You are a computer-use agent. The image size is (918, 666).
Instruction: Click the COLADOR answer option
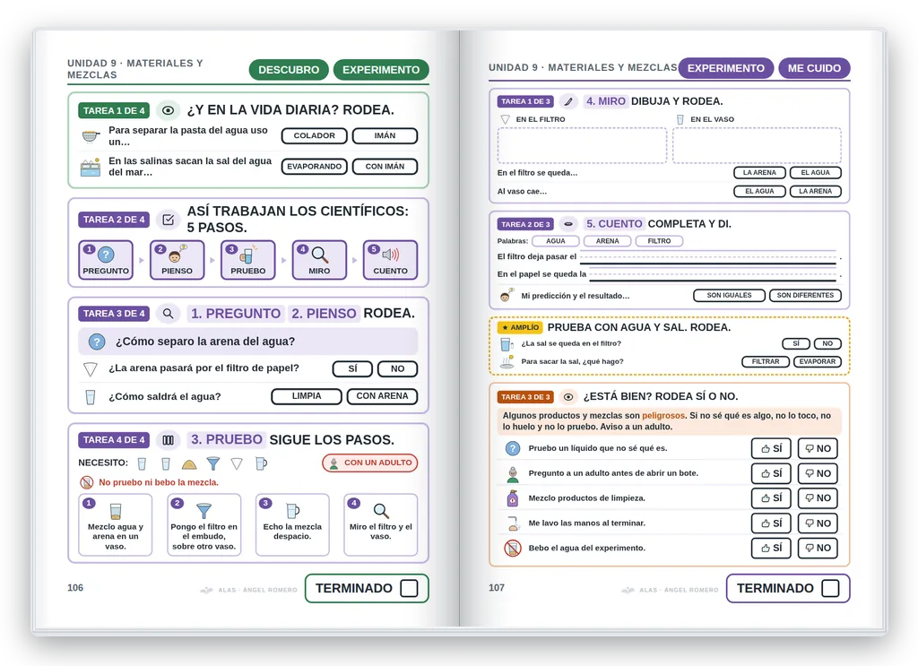tap(315, 135)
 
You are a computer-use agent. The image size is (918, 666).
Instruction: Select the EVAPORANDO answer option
tap(315, 167)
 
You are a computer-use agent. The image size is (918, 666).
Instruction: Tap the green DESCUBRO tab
tap(289, 70)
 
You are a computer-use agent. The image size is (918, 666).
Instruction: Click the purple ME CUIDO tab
tap(814, 68)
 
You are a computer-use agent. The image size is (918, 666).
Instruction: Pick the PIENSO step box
tap(177, 260)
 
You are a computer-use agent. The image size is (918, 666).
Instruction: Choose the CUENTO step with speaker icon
tap(390, 260)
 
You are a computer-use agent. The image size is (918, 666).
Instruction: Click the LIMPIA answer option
tap(307, 396)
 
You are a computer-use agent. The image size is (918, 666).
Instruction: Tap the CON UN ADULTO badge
tap(369, 463)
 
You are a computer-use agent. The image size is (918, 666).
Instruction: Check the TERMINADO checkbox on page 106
tap(409, 588)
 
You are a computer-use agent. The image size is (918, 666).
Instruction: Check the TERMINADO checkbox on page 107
tap(830, 588)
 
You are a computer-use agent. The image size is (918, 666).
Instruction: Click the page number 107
tap(497, 588)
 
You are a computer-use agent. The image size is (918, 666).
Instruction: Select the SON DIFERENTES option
tap(805, 296)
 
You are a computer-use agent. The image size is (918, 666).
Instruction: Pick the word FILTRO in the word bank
tap(659, 241)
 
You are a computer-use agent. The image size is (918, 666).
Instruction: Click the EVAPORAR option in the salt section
tap(818, 361)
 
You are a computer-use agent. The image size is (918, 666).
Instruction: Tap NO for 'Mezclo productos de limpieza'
tap(818, 498)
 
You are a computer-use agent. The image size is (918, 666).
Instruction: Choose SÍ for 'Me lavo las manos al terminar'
tap(771, 523)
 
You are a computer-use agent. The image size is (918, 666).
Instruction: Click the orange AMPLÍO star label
tap(520, 328)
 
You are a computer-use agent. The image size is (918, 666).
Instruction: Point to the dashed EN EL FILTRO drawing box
tap(582, 145)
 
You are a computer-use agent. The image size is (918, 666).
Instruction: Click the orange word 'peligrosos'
tap(663, 416)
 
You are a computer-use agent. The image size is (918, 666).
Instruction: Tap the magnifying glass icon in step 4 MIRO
tap(320, 255)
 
